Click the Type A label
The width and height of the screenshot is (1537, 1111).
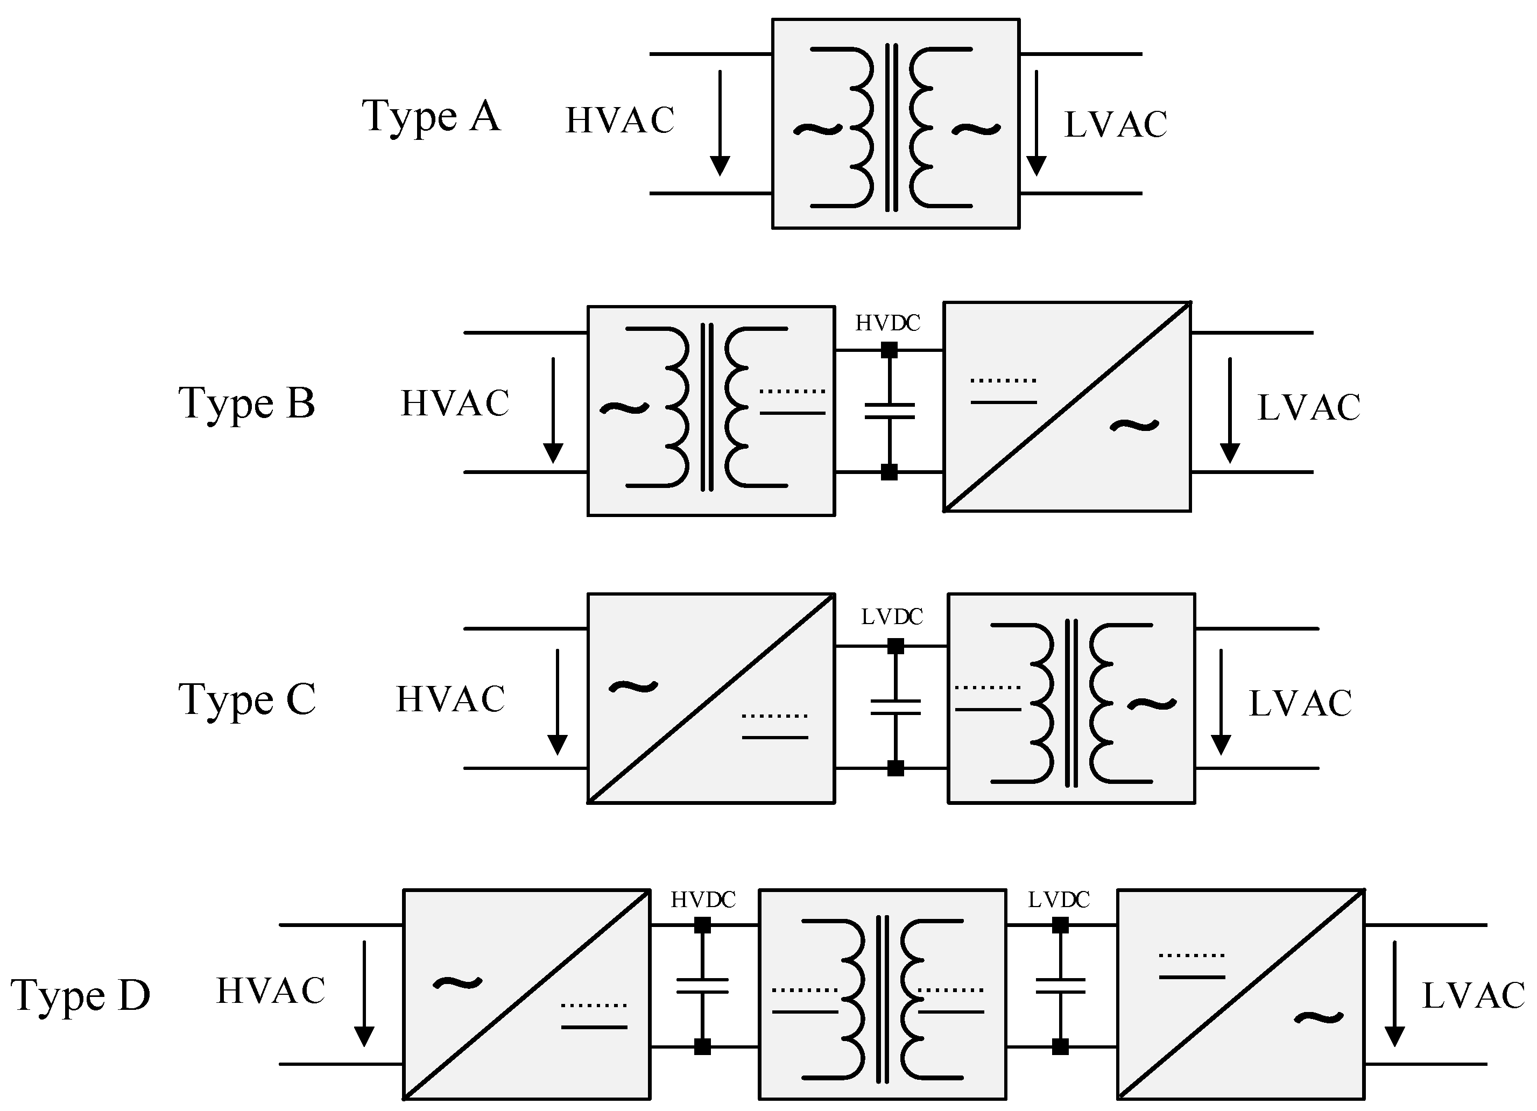tap(431, 117)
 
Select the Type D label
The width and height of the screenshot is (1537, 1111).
tap(80, 996)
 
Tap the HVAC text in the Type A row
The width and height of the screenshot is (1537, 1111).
tap(619, 121)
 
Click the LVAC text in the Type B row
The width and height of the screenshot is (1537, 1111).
tap(1308, 408)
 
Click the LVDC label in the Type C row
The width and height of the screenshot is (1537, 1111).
tap(891, 617)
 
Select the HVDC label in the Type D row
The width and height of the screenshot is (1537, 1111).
tap(703, 900)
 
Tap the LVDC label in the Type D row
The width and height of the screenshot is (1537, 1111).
tap(1059, 900)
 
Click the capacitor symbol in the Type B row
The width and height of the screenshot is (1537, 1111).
tap(889, 411)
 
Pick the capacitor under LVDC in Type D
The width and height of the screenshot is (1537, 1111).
tap(1061, 986)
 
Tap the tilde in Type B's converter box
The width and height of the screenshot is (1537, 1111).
tap(1134, 426)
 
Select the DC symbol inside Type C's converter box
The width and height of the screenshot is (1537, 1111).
tap(774, 726)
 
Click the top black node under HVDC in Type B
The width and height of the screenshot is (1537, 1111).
tap(889, 350)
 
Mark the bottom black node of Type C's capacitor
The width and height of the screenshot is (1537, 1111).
tap(895, 768)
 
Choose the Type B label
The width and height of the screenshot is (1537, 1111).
tap(246, 404)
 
